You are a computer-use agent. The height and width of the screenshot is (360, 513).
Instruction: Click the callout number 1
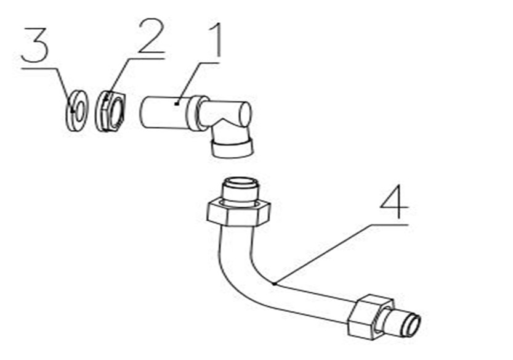[214, 41]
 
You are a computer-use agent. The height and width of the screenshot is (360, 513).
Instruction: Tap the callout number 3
[35, 45]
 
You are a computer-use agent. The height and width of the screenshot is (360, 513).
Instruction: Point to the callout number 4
[394, 202]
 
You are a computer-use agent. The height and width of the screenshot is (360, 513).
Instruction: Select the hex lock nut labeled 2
[110, 112]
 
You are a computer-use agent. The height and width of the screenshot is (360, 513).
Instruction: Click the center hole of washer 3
[78, 111]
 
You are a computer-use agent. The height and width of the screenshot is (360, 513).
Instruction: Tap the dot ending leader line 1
[177, 104]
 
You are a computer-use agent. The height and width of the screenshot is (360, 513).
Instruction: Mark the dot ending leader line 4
[274, 284]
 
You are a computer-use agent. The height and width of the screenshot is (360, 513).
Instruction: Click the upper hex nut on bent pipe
[239, 213]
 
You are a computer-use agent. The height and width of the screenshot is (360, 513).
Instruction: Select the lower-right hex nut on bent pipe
[370, 317]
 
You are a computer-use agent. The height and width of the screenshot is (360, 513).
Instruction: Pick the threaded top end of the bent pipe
[239, 190]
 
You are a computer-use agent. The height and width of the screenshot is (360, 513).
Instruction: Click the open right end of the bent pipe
[414, 325]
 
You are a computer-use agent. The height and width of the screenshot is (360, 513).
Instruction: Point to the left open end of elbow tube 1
[144, 112]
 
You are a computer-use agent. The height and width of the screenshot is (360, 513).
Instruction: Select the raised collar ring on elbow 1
[197, 113]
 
